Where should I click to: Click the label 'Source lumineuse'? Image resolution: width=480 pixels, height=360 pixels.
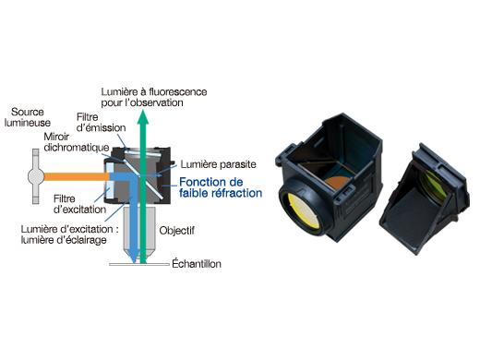click(x=22, y=117)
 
